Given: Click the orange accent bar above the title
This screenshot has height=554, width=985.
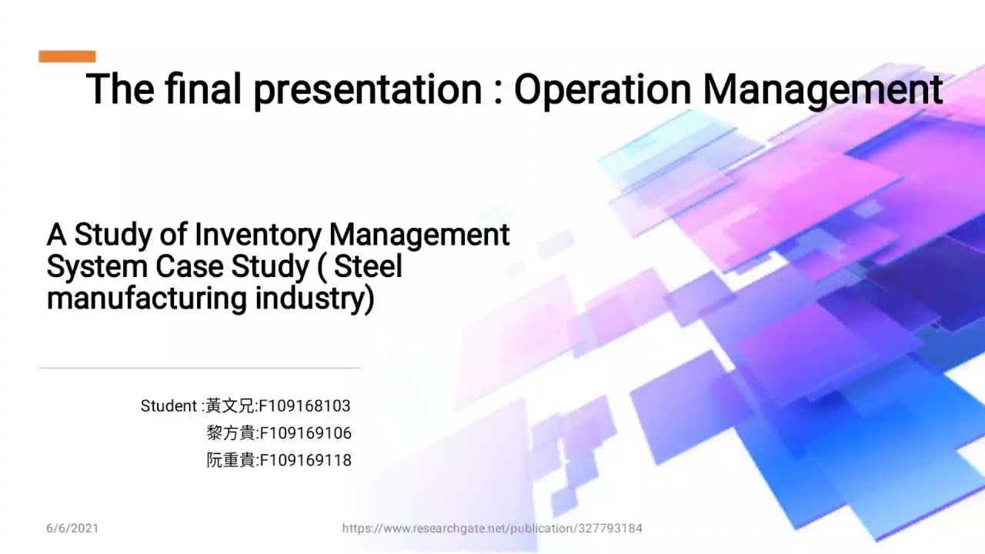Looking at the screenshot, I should click(x=67, y=56).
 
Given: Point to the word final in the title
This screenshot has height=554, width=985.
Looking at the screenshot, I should click(x=203, y=90).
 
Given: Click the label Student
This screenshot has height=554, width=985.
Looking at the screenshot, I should click(x=169, y=406).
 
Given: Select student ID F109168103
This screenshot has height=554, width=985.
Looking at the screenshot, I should click(x=305, y=406).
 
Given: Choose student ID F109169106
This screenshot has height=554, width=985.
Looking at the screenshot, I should click(x=306, y=433).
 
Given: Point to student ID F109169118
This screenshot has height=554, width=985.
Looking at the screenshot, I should click(x=306, y=461).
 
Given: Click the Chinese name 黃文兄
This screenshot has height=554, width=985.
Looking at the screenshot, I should click(x=230, y=406).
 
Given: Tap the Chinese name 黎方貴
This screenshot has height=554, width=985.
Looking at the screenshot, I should click(x=231, y=433).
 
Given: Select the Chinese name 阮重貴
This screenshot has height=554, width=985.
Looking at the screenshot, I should click(x=231, y=461).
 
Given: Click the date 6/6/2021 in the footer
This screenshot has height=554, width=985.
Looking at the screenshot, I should click(x=72, y=529).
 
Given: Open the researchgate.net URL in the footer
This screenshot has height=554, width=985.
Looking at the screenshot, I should click(x=492, y=529).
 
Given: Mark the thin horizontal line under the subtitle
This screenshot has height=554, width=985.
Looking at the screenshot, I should click(x=199, y=369).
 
